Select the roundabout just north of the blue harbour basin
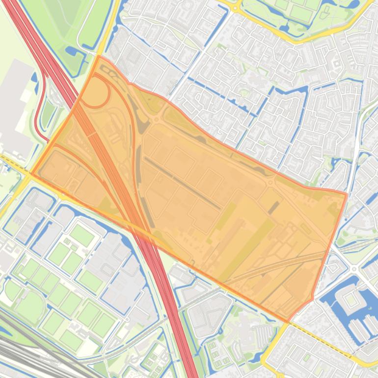coord(353,269)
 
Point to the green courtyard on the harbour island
coord(350,298)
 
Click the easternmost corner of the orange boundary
coord(347,194)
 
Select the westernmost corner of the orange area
coord(31,173)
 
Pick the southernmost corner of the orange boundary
coord(288,322)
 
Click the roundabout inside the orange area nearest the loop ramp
coord(156,119)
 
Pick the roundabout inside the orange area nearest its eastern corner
coord(270,183)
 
